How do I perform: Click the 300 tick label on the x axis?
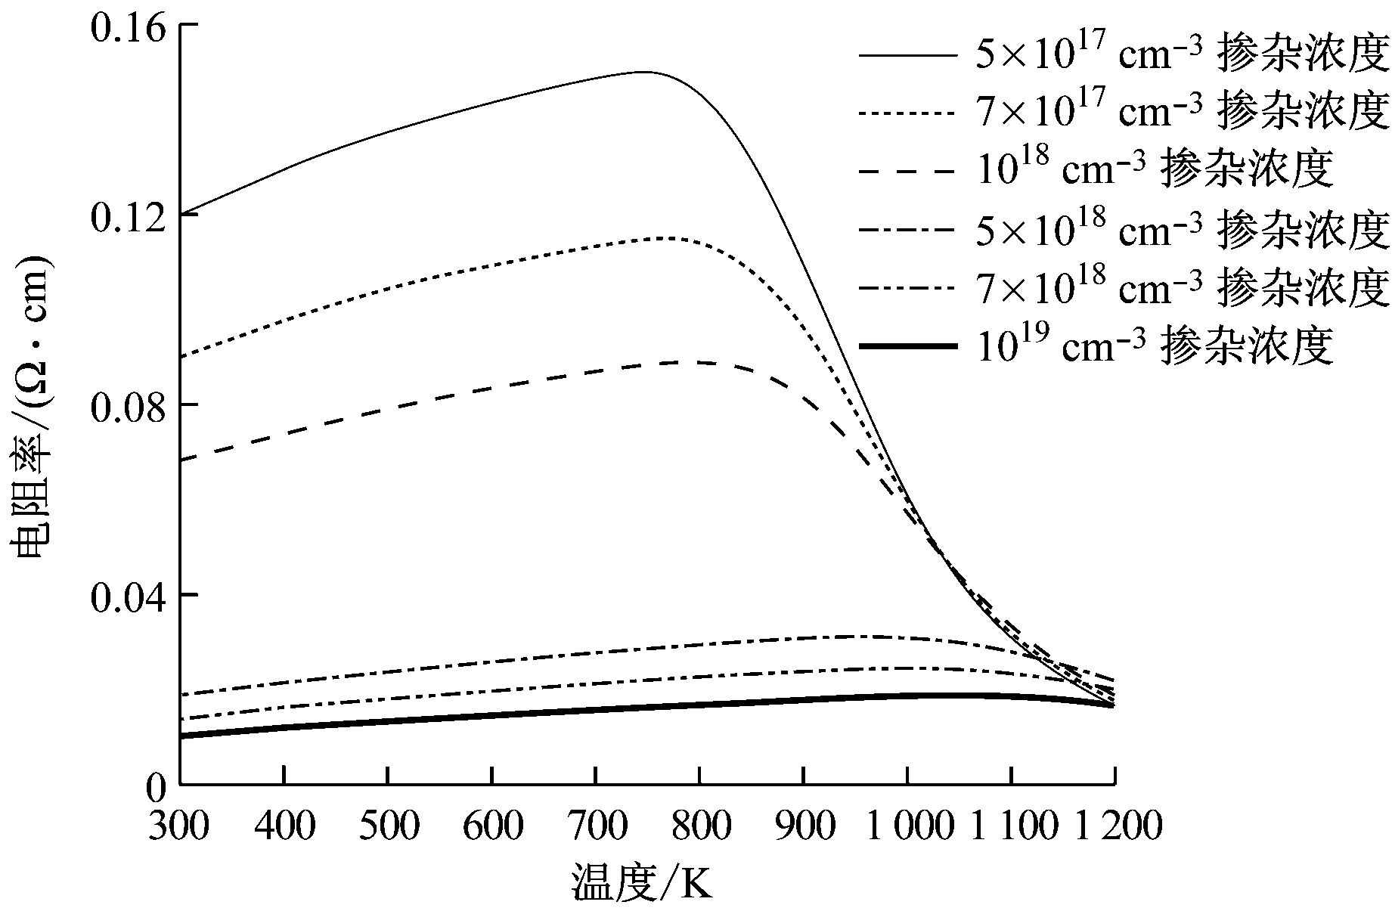click(179, 825)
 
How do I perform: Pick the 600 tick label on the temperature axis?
click(492, 825)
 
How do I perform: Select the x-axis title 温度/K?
click(641, 882)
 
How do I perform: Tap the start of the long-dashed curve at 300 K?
click(181, 460)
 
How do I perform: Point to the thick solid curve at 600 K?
click(492, 714)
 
